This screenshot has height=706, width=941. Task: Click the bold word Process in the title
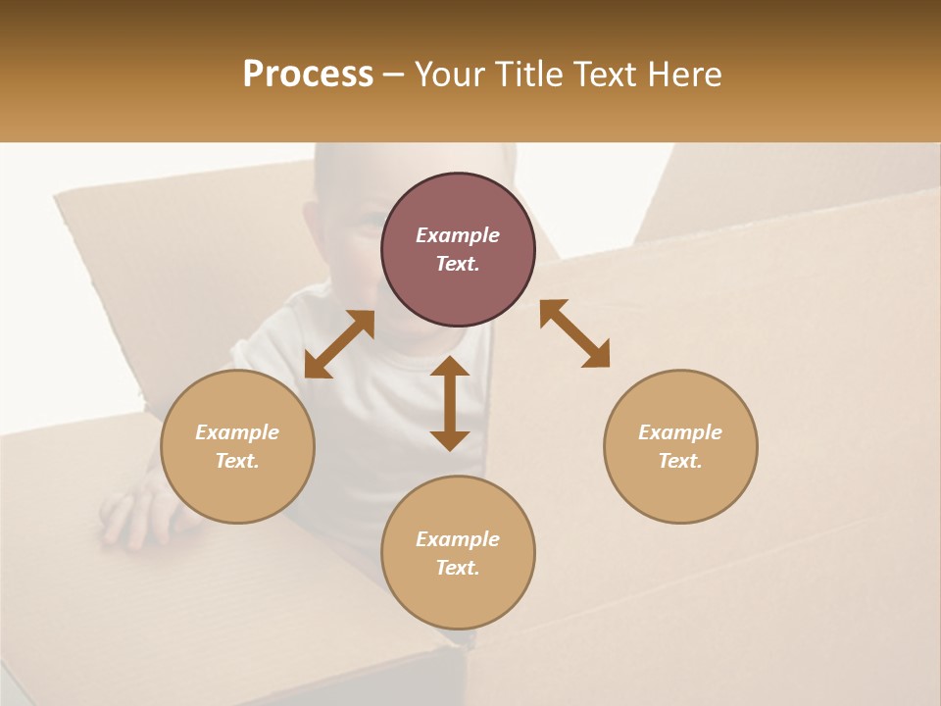coord(308,75)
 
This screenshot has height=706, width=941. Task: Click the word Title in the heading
coord(527,75)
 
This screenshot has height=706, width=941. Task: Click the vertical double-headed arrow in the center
coord(450,403)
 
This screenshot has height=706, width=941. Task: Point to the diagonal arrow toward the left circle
coord(339,344)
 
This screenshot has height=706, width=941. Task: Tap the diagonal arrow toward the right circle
coord(574,333)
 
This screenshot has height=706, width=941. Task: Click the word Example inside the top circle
coord(458,235)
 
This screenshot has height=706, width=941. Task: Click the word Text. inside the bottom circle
coord(458,568)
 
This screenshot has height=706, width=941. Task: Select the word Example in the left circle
coord(237,432)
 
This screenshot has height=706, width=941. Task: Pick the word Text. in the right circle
coord(680,461)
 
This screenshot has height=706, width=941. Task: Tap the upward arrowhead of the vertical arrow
coord(450,367)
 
